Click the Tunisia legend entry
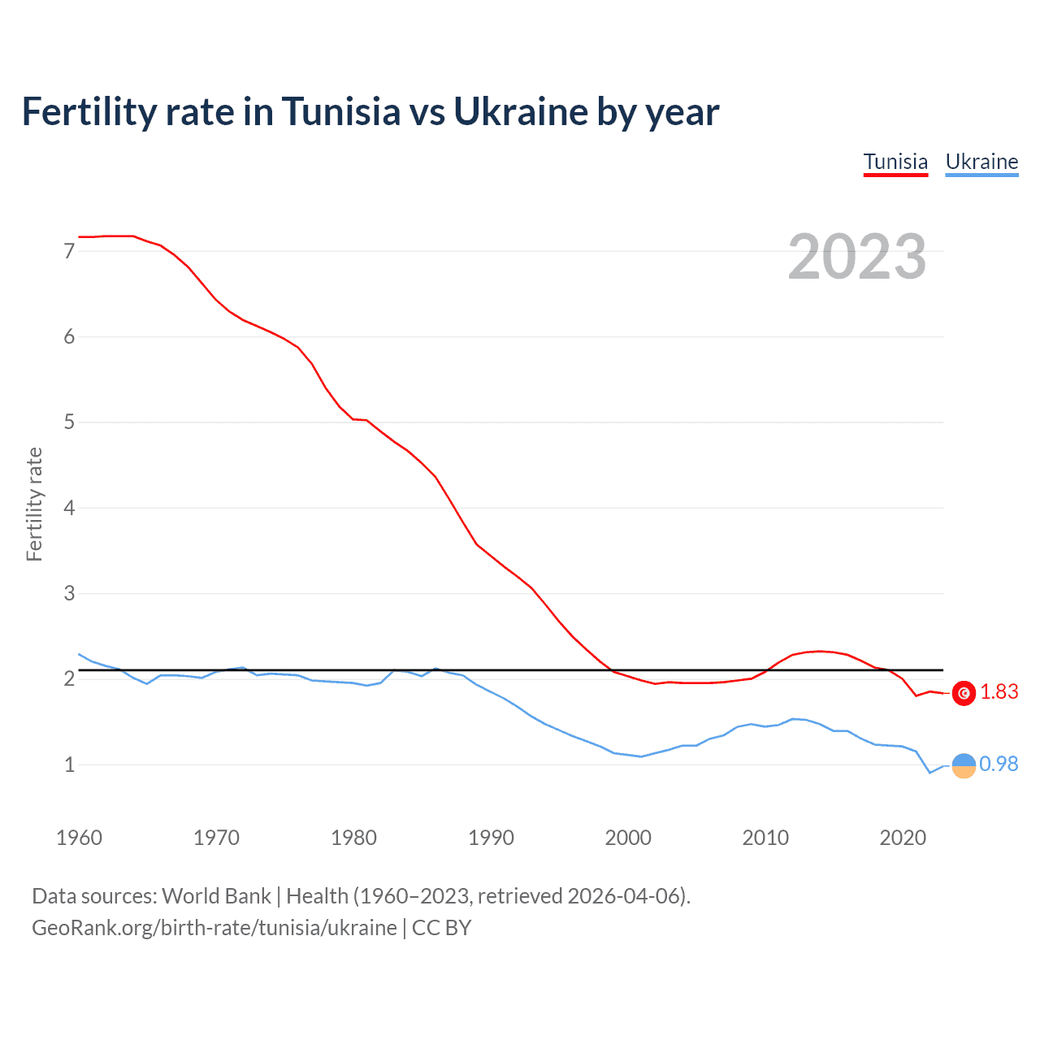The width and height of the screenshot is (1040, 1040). (895, 162)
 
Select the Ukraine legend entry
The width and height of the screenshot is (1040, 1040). (981, 162)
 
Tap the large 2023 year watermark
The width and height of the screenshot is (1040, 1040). (857, 257)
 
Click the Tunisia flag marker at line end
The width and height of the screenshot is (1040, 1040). (964, 693)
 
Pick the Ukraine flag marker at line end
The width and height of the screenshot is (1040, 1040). (964, 765)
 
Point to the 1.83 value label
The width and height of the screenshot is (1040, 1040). (999, 691)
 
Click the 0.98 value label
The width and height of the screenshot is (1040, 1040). (999, 764)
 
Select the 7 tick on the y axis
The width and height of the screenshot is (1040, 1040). (69, 251)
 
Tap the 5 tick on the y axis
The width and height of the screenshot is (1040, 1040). (69, 422)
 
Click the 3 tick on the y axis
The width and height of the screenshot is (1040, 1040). (69, 593)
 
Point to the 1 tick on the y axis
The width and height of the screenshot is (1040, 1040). (69, 765)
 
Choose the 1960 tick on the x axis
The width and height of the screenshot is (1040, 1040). (79, 838)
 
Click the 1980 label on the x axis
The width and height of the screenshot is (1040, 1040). (353, 838)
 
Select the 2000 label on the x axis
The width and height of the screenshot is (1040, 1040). (628, 838)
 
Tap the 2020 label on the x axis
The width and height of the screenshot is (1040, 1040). (903, 838)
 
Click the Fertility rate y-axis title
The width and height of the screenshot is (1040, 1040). (34, 504)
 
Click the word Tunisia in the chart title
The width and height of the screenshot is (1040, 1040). (341, 111)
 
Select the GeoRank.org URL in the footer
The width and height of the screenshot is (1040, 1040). (214, 928)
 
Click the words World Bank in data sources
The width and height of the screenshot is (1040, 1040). (216, 896)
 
